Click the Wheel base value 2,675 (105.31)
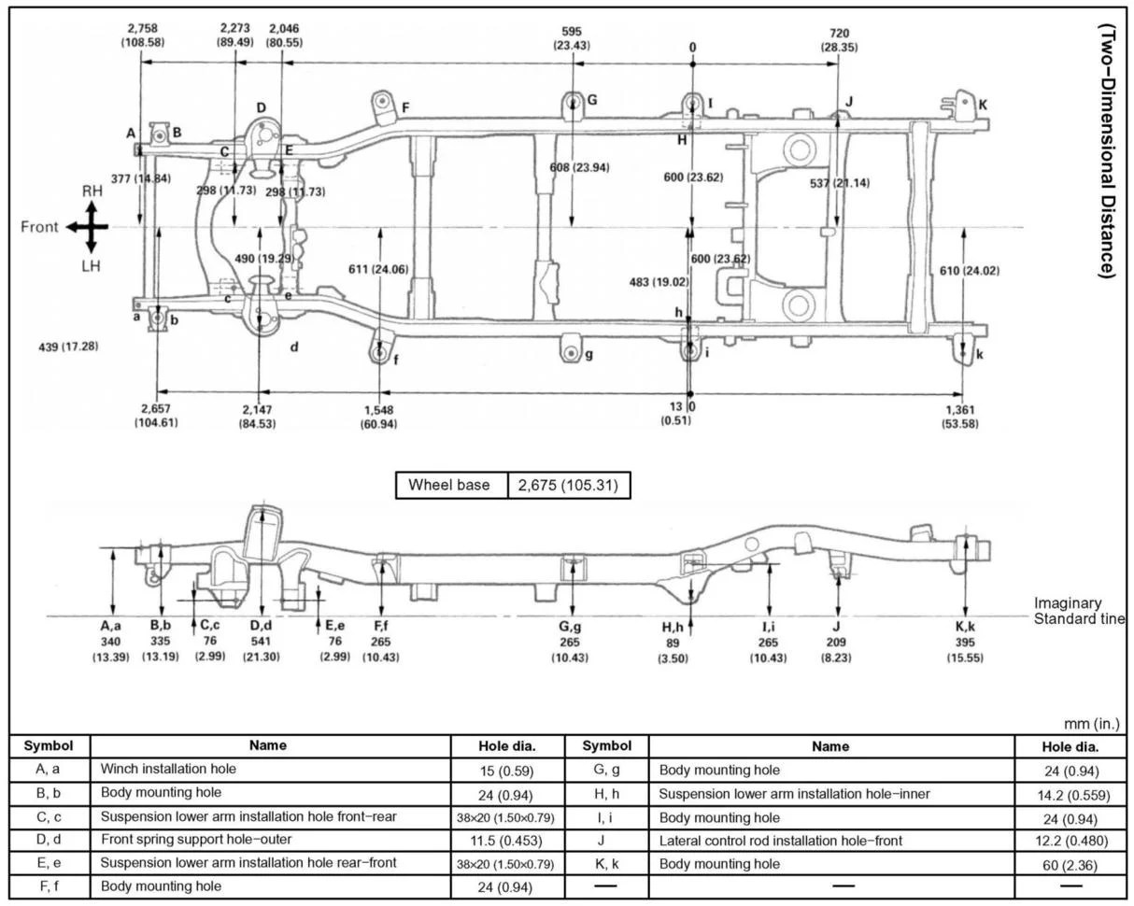[569, 486]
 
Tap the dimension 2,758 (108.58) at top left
[142, 35]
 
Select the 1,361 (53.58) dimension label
[961, 417]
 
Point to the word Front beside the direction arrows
[39, 227]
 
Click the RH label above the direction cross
[92, 191]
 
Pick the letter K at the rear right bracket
[983, 105]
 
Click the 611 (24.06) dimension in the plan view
[378, 270]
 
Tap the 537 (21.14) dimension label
[840, 183]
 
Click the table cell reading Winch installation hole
[168, 770]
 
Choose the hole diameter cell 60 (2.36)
[1070, 865]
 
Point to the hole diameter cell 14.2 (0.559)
[1070, 794]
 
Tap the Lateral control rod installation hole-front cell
[780, 841]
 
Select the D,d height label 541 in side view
[261, 642]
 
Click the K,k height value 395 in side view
[965, 643]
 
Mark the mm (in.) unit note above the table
[1091, 724]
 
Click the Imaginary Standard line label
[1078, 611]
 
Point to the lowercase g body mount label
[588, 355]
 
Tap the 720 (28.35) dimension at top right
[839, 40]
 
